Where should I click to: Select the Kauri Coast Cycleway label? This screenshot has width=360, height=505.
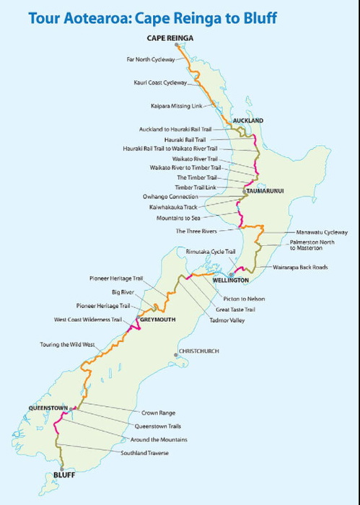160,83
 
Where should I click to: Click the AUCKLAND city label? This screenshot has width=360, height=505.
247,120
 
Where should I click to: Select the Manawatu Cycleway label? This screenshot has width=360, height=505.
322,232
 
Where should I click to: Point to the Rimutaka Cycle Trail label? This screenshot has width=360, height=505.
211,251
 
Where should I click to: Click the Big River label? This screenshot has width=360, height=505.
123,293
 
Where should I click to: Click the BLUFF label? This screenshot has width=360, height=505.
63,475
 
